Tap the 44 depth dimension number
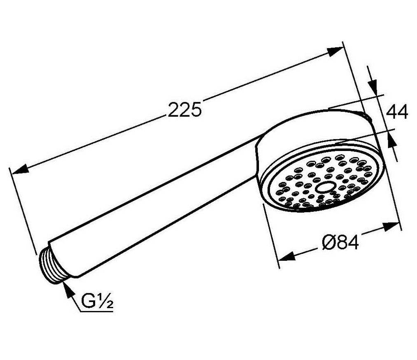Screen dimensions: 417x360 [397, 112]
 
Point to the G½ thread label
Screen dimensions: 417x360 [97, 301]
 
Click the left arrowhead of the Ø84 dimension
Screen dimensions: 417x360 [287, 256]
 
